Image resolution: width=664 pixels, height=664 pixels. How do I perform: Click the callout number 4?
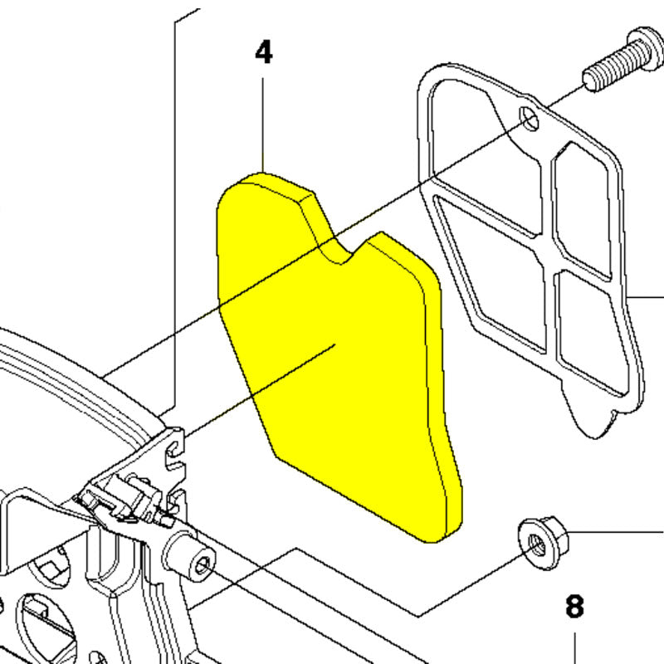coord(264,52)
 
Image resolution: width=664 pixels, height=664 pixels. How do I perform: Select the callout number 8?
coord(574,606)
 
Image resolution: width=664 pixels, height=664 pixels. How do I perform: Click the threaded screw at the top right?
coord(622,58)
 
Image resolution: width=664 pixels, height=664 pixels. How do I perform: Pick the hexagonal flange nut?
coord(544,543)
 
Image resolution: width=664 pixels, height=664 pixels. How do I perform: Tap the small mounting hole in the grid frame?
coord(530,119)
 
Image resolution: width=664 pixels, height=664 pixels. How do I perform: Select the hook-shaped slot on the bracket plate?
coord(175,453)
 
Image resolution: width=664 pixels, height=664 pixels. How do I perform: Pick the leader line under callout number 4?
coord(262,125)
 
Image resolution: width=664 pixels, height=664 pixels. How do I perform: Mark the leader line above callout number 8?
coord(574,648)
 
